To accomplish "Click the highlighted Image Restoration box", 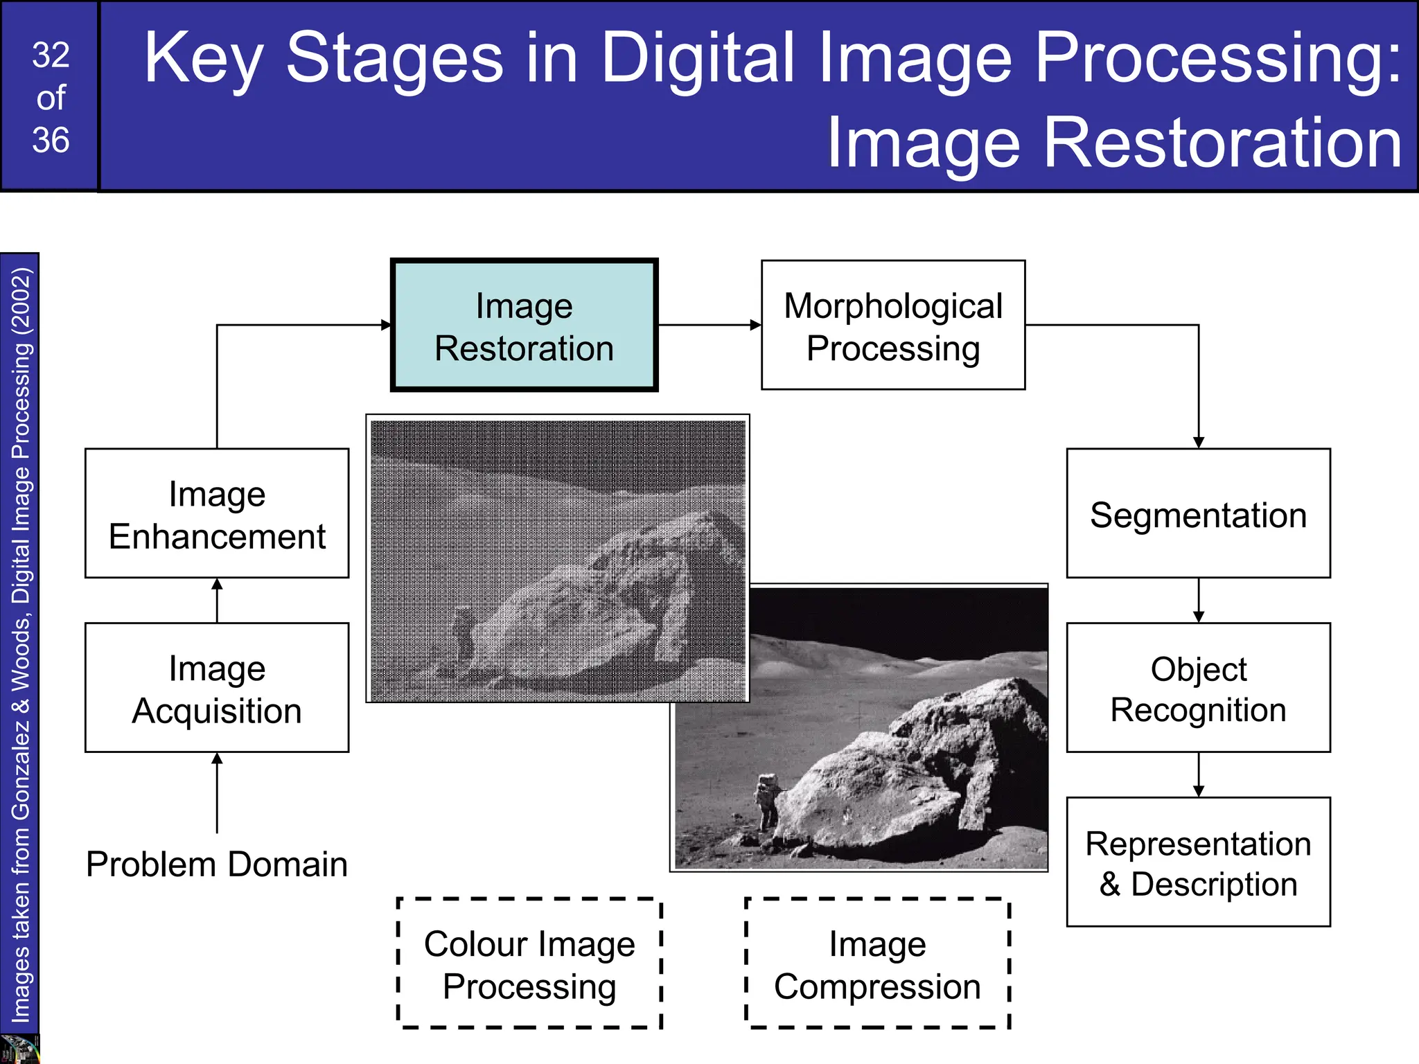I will click(524, 326).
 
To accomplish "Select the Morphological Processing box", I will click(892, 326).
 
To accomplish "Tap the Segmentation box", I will click(1198, 513).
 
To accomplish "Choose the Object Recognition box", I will click(1198, 688).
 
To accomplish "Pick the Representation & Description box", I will click(1198, 862).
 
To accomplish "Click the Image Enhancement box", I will click(217, 513).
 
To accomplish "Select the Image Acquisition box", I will click(217, 688).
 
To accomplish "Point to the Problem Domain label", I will click(217, 864).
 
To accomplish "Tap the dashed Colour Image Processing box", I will click(529, 964).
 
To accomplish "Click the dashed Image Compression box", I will click(877, 964).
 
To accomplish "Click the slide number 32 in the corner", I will click(51, 55).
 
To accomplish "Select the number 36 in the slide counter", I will click(51, 141).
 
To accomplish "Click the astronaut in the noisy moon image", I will click(461, 634).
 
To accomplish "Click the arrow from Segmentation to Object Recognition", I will click(1198, 601).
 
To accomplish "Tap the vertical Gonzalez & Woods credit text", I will click(21, 644).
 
